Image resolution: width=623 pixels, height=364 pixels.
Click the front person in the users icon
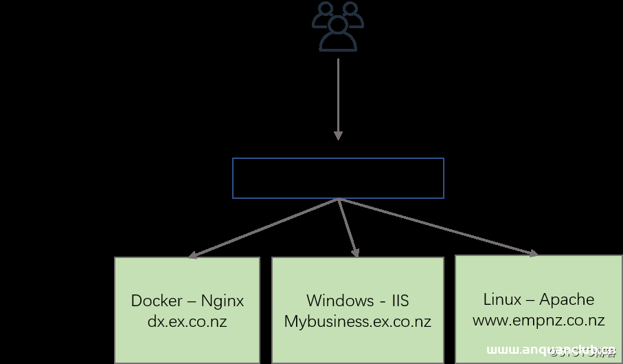[338, 36]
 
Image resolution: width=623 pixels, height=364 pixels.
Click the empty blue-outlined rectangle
[338, 178]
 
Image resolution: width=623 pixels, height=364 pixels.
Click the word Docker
[157, 301]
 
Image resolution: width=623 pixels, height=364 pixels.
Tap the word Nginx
[222, 301]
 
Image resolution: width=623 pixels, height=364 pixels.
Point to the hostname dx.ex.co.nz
[187, 321]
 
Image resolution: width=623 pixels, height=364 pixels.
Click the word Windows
[340, 301]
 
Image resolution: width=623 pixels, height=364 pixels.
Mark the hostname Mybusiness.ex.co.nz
[357, 321]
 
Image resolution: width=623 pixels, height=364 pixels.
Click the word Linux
[502, 299]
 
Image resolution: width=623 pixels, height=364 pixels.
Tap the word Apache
[567, 299]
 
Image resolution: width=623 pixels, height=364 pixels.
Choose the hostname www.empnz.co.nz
[539, 320]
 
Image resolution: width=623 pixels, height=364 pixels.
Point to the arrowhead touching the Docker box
[193, 255]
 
